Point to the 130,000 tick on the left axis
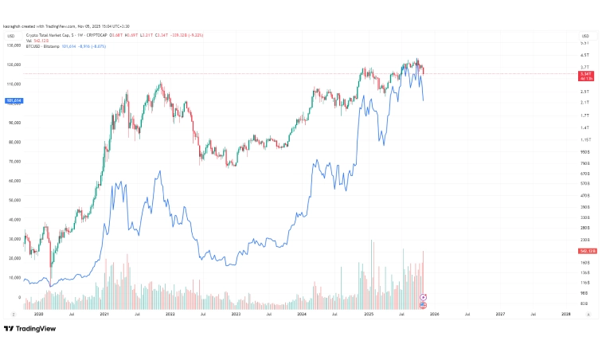point(13,45)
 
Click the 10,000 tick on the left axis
point(13,278)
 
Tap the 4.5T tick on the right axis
point(584,56)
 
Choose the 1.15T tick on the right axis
point(584,139)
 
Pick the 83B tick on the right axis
point(584,303)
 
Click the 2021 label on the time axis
point(104,315)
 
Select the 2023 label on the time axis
point(236,315)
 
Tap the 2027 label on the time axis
point(500,315)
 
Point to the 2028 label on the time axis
point(565,315)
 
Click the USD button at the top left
point(11,35)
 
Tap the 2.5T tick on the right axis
point(584,92)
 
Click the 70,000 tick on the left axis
point(13,162)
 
